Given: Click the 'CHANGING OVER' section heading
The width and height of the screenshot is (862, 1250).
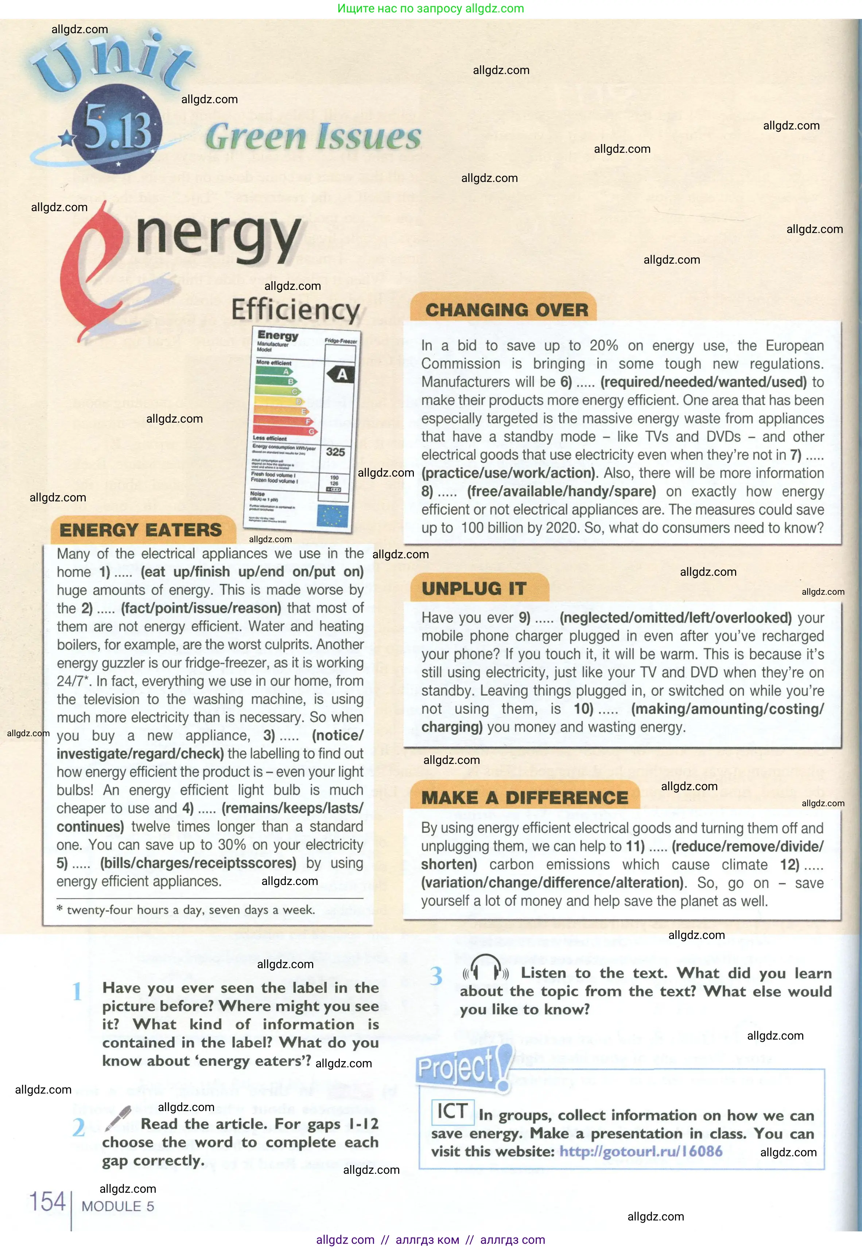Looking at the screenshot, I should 506,310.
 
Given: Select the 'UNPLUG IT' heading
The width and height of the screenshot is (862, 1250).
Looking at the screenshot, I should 474,588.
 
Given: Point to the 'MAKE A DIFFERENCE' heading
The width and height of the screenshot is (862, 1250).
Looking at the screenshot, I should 524,797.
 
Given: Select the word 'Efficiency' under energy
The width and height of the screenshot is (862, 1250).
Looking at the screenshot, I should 295,310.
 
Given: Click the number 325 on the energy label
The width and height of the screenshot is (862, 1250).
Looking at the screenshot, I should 335,452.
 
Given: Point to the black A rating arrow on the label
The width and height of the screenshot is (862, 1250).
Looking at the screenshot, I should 341,374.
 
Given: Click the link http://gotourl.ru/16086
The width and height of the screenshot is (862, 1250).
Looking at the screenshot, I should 641,1151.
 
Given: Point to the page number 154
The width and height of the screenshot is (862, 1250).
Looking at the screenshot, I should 47,1202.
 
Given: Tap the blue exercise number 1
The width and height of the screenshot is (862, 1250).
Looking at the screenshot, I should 77,991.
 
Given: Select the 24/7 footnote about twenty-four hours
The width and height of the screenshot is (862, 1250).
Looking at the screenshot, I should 186,910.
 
